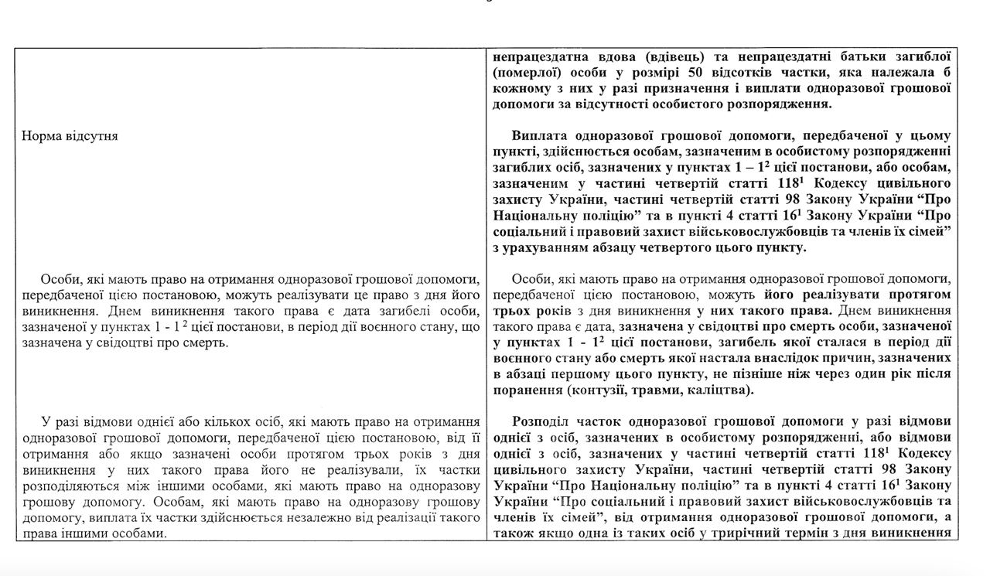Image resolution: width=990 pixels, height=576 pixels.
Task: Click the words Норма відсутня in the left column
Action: click(x=70, y=136)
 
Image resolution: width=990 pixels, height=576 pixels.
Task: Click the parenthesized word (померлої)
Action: click(x=525, y=73)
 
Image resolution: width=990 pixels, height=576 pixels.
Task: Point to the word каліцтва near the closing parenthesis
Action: click(x=715, y=390)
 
